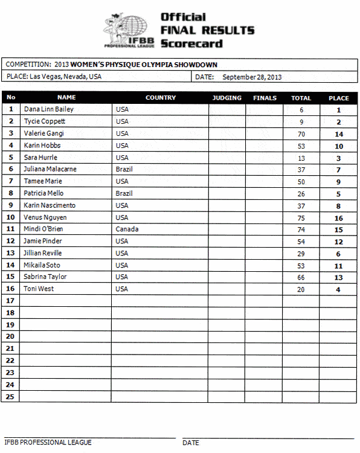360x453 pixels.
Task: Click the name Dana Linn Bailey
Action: coord(48,110)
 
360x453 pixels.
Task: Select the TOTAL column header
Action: coord(301,98)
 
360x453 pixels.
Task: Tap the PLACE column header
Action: coord(338,98)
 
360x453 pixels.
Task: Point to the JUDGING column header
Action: coord(227,98)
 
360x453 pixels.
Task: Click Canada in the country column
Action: coord(127,230)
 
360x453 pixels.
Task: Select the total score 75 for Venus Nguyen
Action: coord(301,218)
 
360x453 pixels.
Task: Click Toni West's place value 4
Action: coord(338,290)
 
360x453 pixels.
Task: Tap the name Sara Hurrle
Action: coord(40,158)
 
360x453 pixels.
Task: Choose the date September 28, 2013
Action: coord(252,77)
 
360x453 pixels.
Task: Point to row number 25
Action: coord(11,397)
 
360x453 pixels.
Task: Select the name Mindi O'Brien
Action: coord(43,230)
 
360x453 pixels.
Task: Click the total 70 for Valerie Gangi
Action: coord(301,134)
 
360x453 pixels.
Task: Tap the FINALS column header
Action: coord(265,98)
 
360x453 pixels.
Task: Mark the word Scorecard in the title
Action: coord(191,43)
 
